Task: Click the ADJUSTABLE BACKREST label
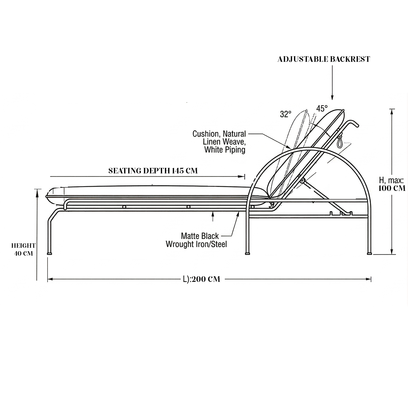[323, 59]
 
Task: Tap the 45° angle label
[322, 108]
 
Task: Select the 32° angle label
[286, 114]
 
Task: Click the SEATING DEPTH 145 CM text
[153, 171]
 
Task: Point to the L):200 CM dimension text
[202, 279]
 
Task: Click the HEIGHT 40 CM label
[23, 249]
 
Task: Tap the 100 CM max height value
[392, 188]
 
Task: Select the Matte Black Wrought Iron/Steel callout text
[196, 240]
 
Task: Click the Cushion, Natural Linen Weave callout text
[219, 142]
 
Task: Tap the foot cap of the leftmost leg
[49, 253]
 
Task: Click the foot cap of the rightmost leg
[369, 253]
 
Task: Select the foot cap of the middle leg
[247, 253]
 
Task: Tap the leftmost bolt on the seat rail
[124, 207]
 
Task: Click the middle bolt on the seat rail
[188, 207]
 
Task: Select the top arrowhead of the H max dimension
[392, 112]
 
